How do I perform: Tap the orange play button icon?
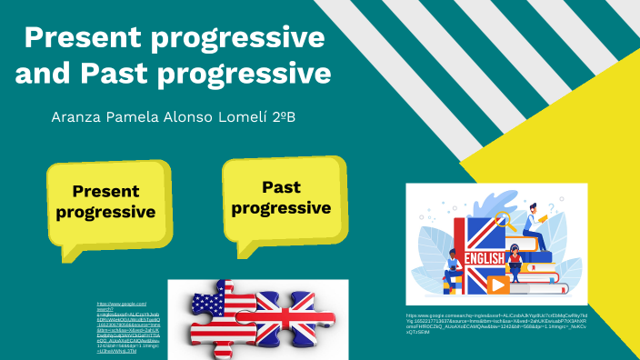coord(499,285)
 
